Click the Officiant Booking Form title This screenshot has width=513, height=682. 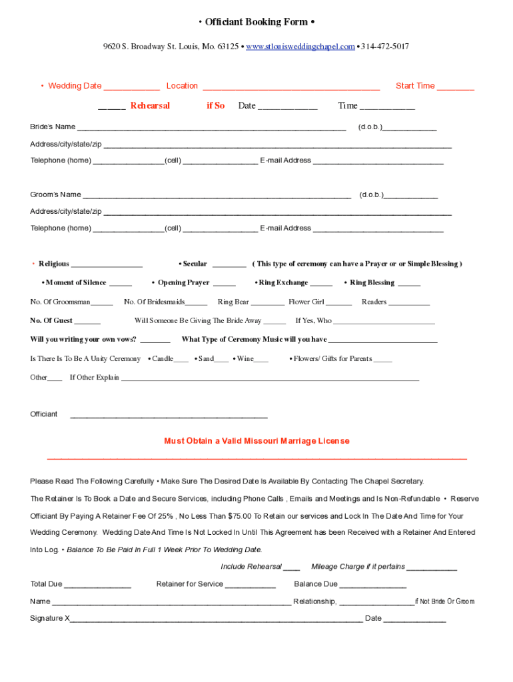click(256, 22)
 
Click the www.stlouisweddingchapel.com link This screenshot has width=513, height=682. click(300, 47)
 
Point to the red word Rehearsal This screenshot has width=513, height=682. click(150, 106)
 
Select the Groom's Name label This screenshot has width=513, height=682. click(55, 194)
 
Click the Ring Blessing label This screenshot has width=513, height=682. click(372, 282)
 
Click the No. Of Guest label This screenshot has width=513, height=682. click(51, 320)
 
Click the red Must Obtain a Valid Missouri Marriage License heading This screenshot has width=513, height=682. click(256, 441)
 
